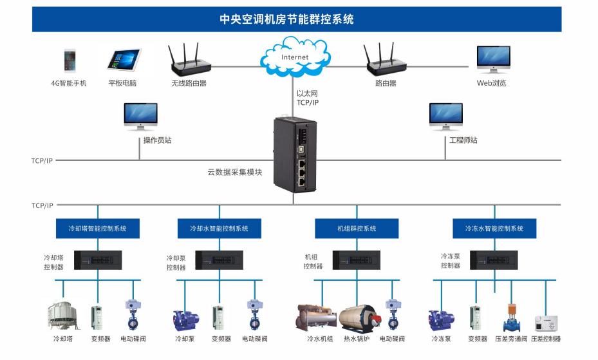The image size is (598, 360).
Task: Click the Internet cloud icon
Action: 294,56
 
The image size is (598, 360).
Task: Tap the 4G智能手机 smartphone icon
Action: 69,60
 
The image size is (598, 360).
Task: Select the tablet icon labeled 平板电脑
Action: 124,60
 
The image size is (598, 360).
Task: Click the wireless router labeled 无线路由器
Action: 190,60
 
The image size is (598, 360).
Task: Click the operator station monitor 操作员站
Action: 140,117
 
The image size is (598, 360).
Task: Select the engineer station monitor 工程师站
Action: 445,117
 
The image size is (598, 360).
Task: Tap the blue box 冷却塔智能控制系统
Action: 98,229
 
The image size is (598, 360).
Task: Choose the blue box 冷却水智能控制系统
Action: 219,229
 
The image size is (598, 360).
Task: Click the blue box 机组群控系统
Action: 356,229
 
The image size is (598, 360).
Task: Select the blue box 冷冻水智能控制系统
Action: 494,229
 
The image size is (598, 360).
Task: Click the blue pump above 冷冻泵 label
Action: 441,319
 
